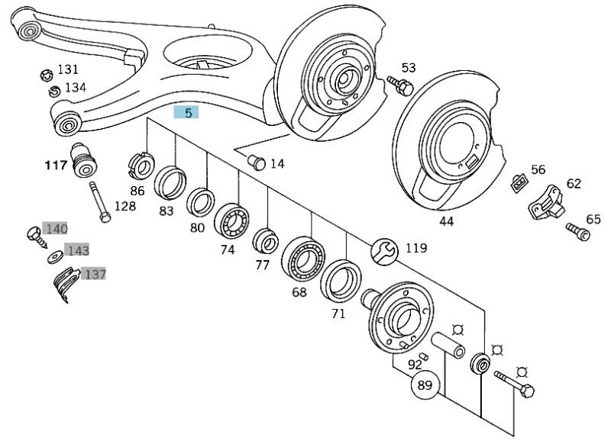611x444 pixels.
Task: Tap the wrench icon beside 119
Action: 383,249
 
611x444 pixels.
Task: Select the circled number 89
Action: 425,386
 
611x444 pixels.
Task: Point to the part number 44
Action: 446,221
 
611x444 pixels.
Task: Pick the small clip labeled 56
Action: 519,182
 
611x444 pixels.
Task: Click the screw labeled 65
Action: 578,230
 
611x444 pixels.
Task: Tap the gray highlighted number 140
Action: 57,228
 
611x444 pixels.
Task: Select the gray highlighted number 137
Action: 94,272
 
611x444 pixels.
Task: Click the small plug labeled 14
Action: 257,162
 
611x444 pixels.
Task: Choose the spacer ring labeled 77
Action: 265,241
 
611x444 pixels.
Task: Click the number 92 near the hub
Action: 415,364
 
